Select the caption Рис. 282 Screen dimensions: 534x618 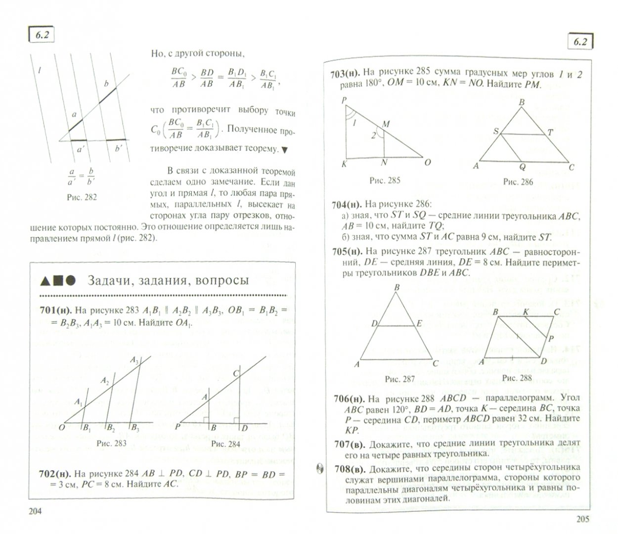(82, 197)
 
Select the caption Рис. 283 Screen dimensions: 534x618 (111, 443)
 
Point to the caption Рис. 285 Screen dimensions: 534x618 (385, 181)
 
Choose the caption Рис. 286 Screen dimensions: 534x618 (518, 181)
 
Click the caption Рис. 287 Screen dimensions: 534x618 (399, 379)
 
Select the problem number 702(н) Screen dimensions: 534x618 (57, 474)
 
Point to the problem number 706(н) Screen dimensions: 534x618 (350, 399)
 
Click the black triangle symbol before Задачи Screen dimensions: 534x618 (45, 281)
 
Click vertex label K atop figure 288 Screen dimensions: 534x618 (526, 311)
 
